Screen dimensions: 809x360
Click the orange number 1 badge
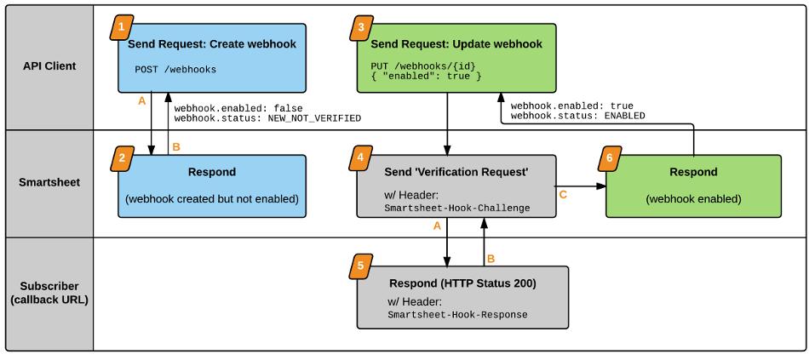pyautogui.click(x=121, y=28)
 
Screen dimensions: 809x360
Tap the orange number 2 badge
pyautogui.click(x=121, y=158)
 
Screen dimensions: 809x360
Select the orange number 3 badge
pyautogui.click(x=359, y=28)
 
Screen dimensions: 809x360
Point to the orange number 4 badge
pyautogui.click(x=359, y=158)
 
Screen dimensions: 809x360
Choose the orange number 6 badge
pyautogui.click(x=609, y=158)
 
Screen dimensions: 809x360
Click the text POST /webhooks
pyautogui.click(x=176, y=69)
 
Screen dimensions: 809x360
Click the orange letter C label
pyautogui.click(x=564, y=195)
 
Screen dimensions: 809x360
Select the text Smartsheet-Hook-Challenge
pyautogui.click(x=457, y=209)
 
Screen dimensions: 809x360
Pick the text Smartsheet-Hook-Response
pyautogui.click(x=457, y=315)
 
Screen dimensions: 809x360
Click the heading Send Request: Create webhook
pyautogui.click(x=212, y=44)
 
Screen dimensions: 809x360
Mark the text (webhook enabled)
pyautogui.click(x=693, y=198)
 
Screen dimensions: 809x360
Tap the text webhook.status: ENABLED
pyautogui.click(x=578, y=116)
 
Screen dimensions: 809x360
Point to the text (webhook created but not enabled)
pyautogui.click(x=212, y=198)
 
